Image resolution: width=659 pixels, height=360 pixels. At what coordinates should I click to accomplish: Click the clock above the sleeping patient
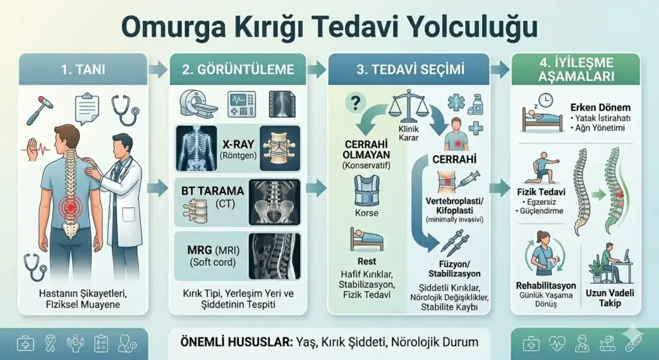click(x=546, y=100)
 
